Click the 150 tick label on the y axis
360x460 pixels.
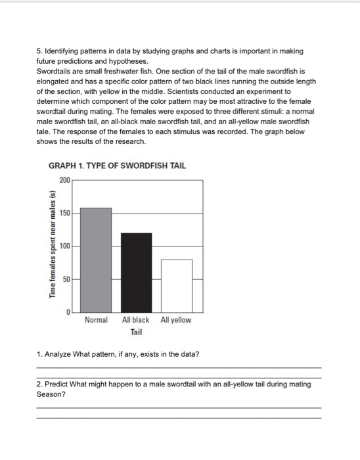pos(64,213)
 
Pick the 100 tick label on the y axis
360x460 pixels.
pos(64,246)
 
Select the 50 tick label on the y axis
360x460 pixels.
pos(66,279)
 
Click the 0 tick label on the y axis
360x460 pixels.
pos(68,313)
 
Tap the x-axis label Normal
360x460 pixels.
pos(96,320)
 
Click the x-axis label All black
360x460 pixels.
pos(136,320)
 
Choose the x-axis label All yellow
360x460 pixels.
pos(176,320)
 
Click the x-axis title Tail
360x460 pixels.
pos(136,333)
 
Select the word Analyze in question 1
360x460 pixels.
pos(58,355)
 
